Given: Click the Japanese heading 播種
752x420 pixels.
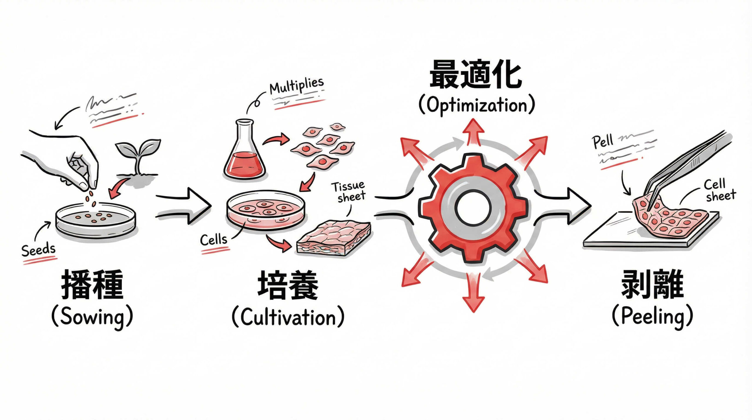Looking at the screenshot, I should [x=92, y=285].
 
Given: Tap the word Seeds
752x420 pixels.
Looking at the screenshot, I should [x=38, y=250].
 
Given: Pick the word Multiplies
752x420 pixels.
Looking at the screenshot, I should [x=296, y=86].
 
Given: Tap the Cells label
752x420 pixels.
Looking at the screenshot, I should [x=214, y=240].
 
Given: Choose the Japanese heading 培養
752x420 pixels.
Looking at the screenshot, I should [x=288, y=285].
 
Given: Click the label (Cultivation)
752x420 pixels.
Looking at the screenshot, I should [x=288, y=317].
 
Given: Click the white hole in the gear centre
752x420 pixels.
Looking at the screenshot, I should [x=473, y=208].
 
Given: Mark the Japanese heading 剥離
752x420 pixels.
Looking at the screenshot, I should [x=652, y=285].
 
